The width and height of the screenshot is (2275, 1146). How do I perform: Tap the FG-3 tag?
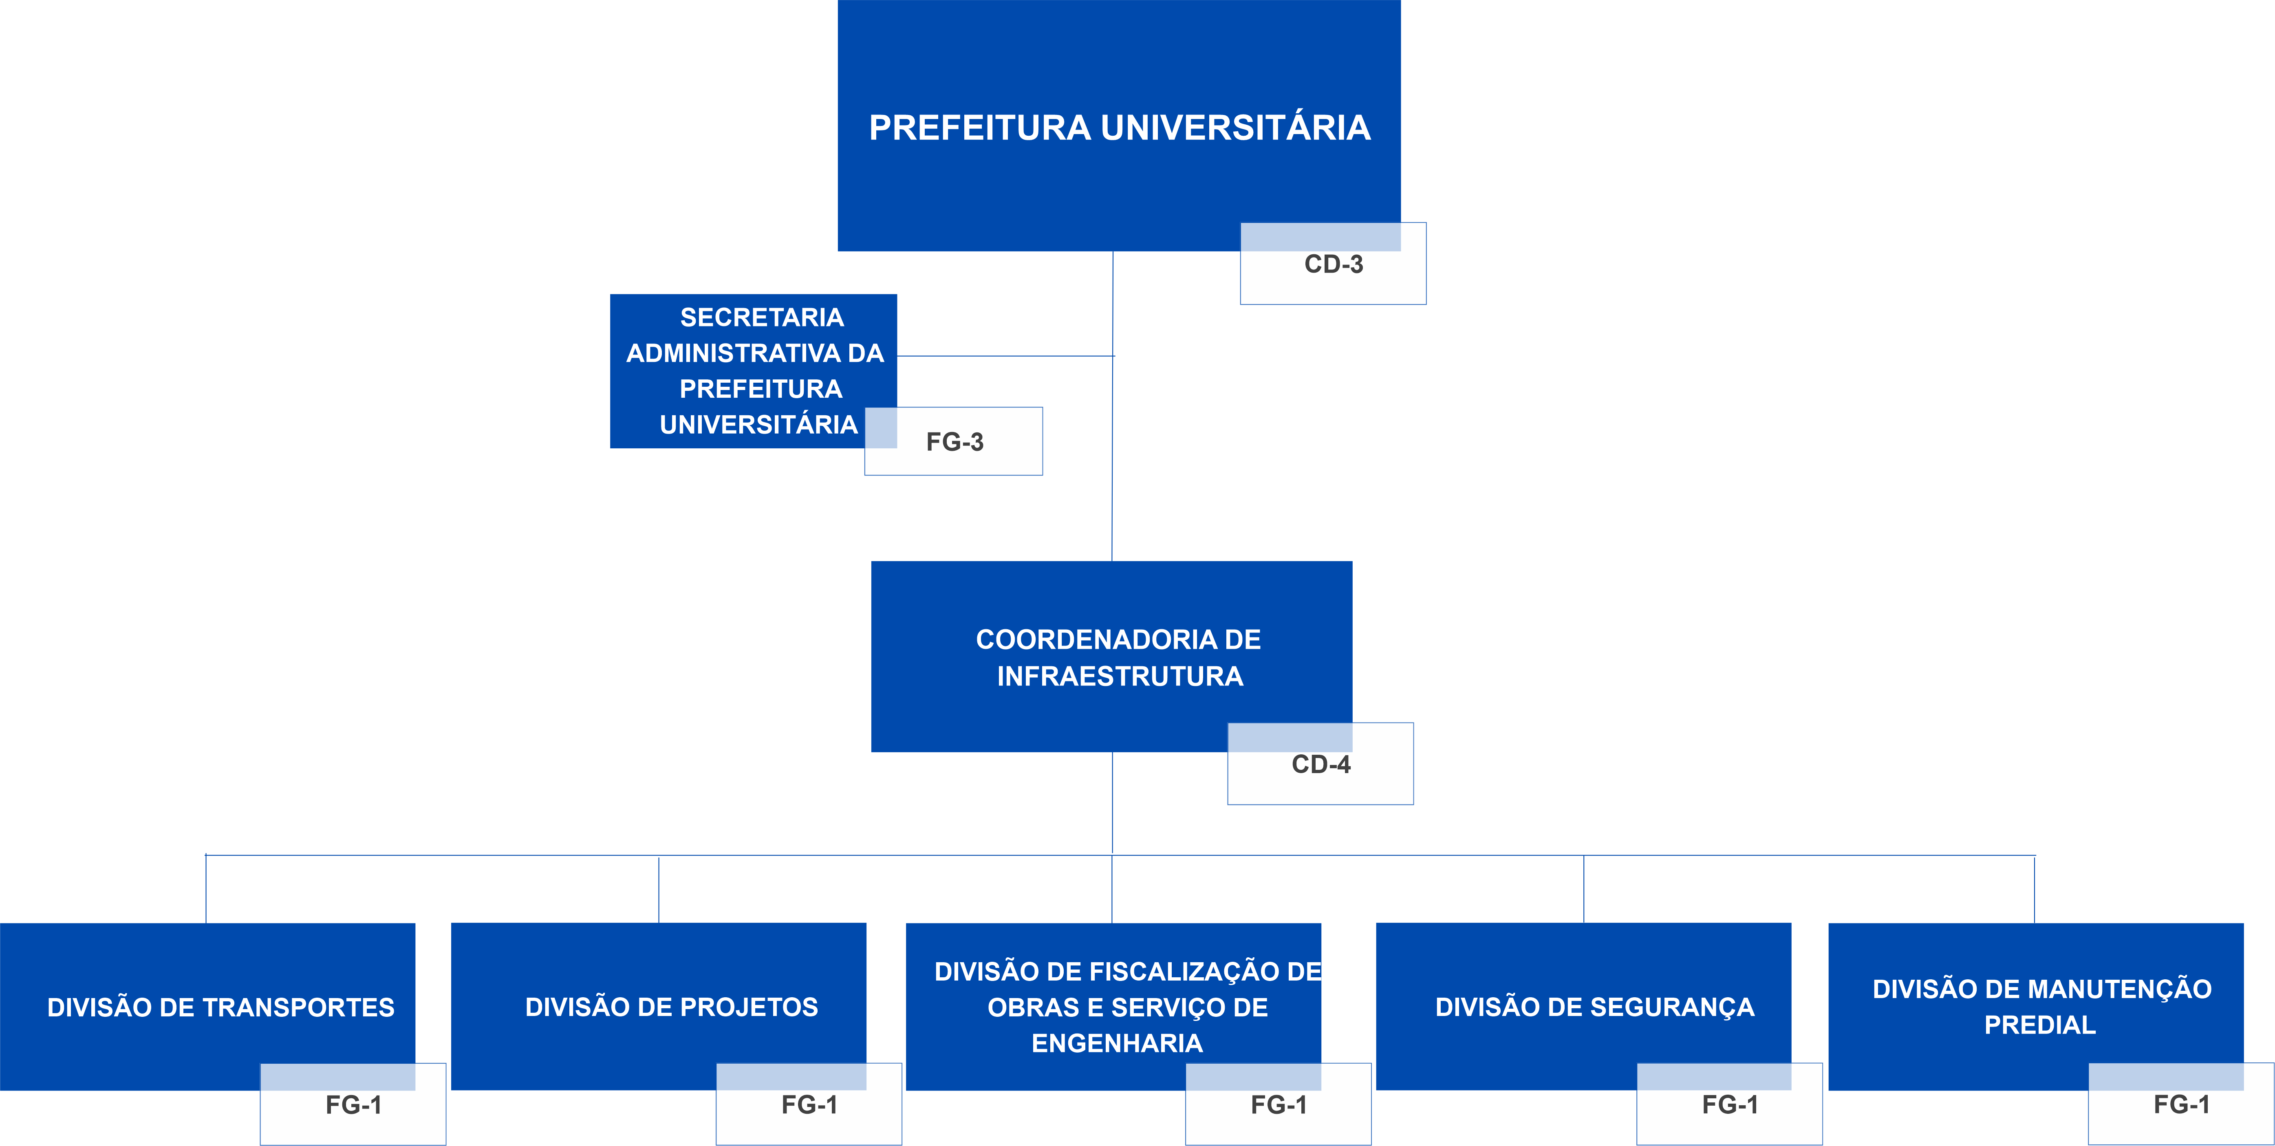(954, 441)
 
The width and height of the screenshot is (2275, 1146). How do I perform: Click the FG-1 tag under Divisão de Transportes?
(353, 1104)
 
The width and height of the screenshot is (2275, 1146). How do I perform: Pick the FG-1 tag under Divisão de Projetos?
(809, 1104)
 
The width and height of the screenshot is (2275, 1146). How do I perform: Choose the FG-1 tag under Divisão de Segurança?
(1729, 1104)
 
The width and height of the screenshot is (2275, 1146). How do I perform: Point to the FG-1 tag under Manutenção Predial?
(2180, 1104)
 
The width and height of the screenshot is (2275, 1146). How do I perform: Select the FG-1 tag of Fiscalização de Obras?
(1278, 1104)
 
